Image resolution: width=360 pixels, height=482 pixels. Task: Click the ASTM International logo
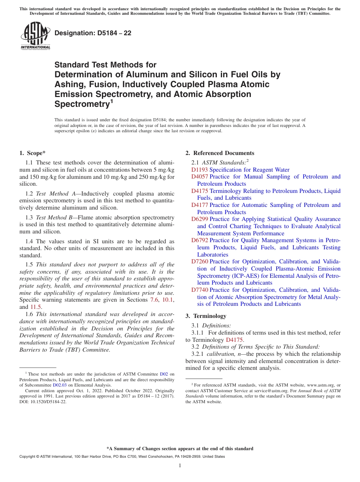pyautogui.click(x=35, y=36)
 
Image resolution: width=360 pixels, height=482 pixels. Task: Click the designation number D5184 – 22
pyautogui.click(x=93, y=33)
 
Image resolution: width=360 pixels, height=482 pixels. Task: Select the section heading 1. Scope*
pyautogui.click(x=32, y=153)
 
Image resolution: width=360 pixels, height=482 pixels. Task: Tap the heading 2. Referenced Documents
pyautogui.click(x=220, y=153)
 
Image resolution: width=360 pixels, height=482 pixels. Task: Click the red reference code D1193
pyautogui.click(x=199, y=170)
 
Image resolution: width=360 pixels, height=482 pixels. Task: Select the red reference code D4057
pyautogui.click(x=199, y=177)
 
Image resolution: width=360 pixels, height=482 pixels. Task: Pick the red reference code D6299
pyautogui.click(x=199, y=219)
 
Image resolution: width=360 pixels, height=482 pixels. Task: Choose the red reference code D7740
pyautogui.click(x=199, y=290)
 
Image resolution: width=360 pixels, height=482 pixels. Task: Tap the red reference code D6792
pyautogui.click(x=199, y=240)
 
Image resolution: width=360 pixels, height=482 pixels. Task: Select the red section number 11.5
pyautogui.click(x=36, y=307)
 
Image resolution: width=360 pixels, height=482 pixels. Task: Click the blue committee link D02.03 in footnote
pyautogui.click(x=59, y=385)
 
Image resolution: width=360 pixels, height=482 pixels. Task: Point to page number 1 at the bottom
pyautogui.click(x=180, y=465)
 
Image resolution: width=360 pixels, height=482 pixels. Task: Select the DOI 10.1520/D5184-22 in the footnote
pyautogui.click(x=43, y=402)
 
